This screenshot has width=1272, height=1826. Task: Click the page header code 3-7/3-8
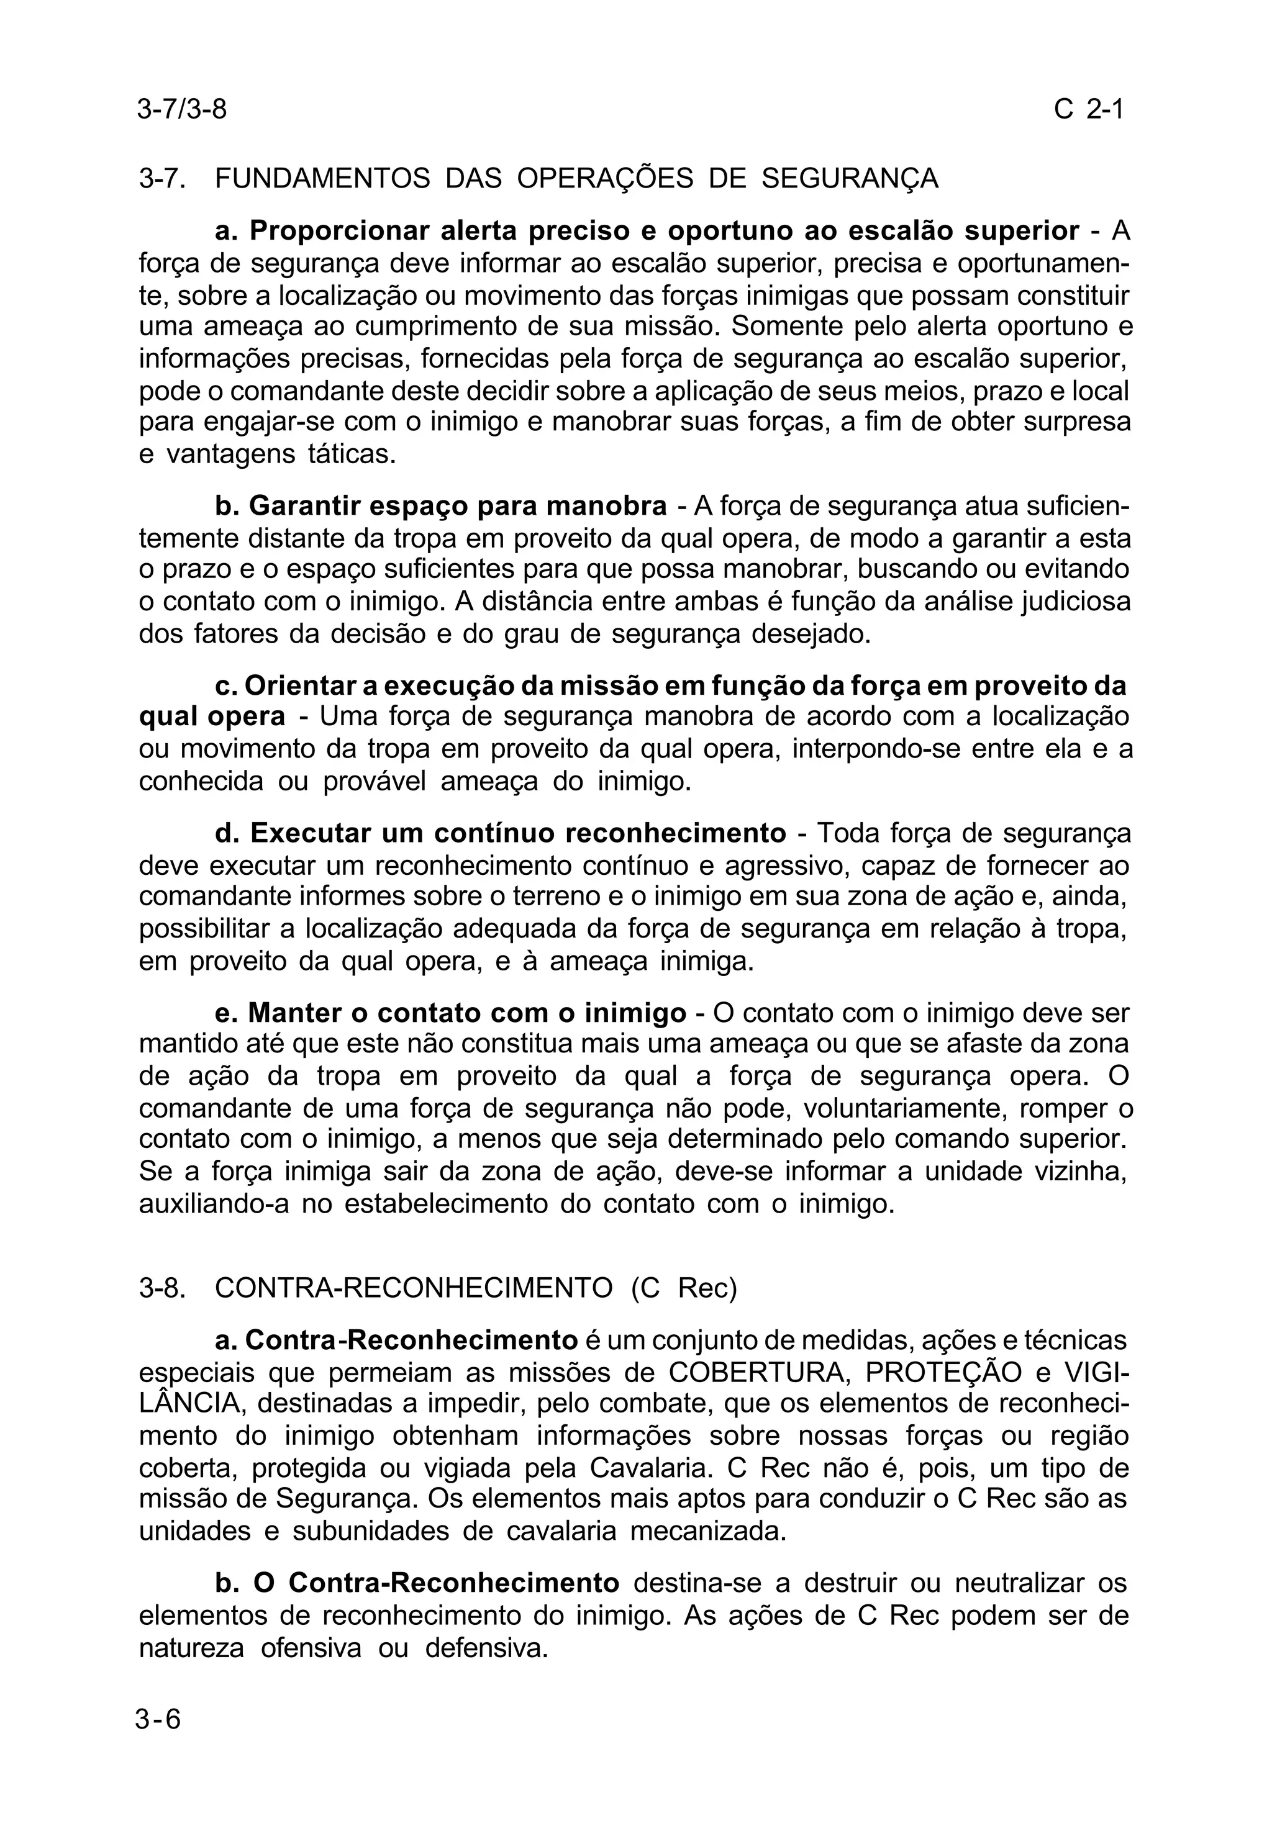point(181,109)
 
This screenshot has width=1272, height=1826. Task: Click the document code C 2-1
point(1088,109)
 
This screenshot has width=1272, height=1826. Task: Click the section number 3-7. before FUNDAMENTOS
point(162,178)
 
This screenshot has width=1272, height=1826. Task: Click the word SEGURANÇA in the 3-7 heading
point(850,178)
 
